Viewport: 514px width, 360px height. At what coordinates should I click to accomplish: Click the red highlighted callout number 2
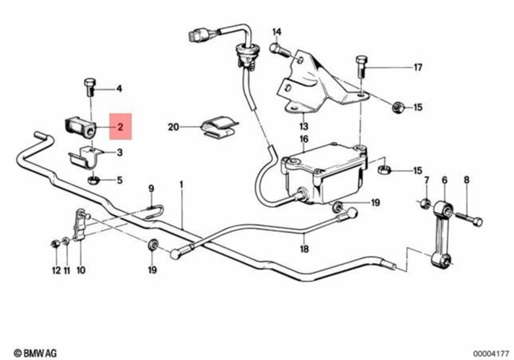coord(120,127)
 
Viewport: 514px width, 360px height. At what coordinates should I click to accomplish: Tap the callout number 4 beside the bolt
coord(119,88)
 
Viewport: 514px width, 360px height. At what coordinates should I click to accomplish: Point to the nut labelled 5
coord(92,179)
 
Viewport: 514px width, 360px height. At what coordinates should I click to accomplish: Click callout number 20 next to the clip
coord(172,127)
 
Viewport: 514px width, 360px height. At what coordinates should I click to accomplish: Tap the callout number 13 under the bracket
coord(304,126)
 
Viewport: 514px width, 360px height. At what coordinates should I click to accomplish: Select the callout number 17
coord(418,67)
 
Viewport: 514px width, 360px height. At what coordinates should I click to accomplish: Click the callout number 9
coord(151,188)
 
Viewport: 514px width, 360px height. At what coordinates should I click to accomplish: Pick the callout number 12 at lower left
coord(56,271)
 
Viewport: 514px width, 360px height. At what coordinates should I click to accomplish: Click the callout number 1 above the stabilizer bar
coord(181,184)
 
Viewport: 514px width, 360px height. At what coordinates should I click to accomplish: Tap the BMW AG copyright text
coord(35,353)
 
